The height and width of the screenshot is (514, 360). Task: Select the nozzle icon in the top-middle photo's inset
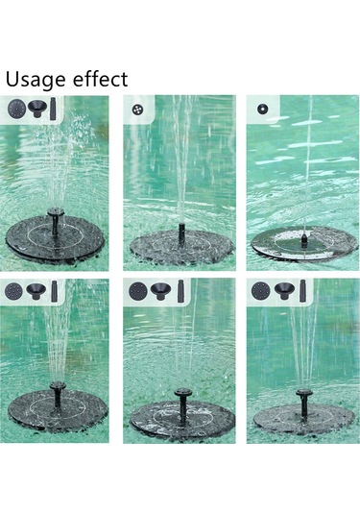point(137,108)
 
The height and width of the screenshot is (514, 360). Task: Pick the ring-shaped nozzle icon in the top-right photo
point(261,108)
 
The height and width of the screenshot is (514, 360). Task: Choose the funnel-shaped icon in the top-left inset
point(38,108)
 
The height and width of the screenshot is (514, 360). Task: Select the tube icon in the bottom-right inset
point(302,289)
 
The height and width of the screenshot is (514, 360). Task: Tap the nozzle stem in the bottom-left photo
point(58,394)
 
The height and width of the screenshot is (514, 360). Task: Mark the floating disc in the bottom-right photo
point(302,418)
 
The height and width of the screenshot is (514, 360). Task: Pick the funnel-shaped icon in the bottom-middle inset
point(160,289)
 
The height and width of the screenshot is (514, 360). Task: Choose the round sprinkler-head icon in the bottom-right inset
point(260,289)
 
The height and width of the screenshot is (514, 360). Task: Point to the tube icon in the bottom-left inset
point(57,289)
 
